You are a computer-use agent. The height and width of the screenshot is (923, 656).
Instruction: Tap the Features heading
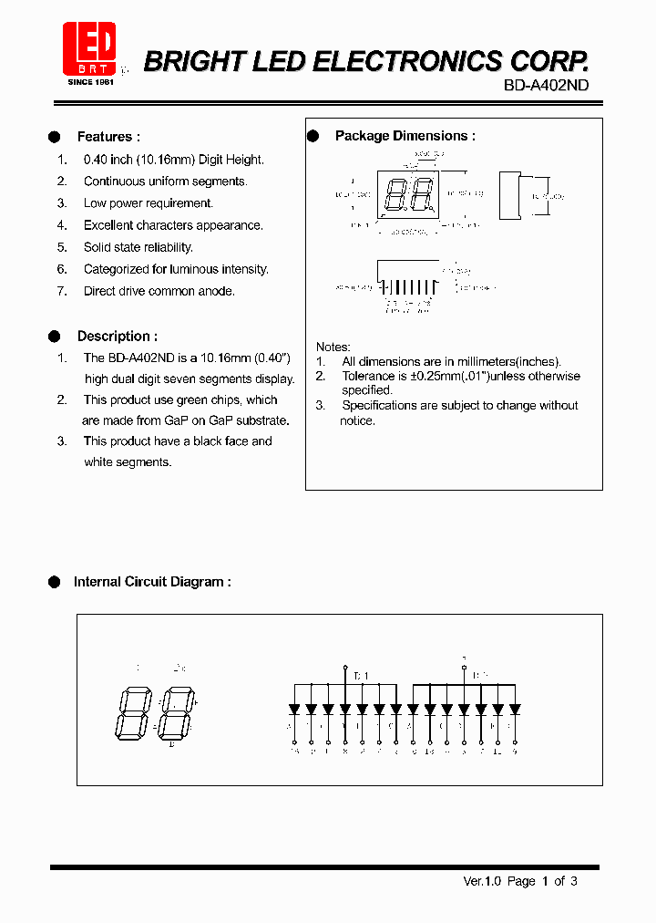pyautogui.click(x=108, y=137)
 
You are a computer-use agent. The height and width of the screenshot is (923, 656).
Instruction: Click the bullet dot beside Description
pyautogui.click(x=54, y=337)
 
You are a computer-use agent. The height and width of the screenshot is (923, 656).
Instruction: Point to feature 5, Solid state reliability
pyautogui.click(x=138, y=247)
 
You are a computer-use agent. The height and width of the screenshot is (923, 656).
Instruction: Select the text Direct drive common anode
pyautogui.click(x=159, y=291)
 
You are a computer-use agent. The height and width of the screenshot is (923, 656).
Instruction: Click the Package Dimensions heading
pyautogui.click(x=405, y=136)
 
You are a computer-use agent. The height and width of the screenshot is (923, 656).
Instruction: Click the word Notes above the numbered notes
pyautogui.click(x=333, y=347)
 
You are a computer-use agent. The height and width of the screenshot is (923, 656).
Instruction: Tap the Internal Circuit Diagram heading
pyautogui.click(x=151, y=582)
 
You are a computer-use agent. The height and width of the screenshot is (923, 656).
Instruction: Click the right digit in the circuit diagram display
pyautogui.click(x=175, y=712)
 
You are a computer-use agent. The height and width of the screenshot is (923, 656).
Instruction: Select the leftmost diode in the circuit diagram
pyautogui.click(x=293, y=709)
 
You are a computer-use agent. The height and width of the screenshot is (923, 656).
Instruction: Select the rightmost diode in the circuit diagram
pyautogui.click(x=515, y=709)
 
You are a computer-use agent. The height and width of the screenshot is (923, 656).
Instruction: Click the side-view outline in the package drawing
pyautogui.click(x=509, y=195)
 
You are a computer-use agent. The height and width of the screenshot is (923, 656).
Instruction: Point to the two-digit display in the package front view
pyautogui.click(x=408, y=194)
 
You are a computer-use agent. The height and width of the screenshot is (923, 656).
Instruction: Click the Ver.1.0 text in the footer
pyautogui.click(x=482, y=881)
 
